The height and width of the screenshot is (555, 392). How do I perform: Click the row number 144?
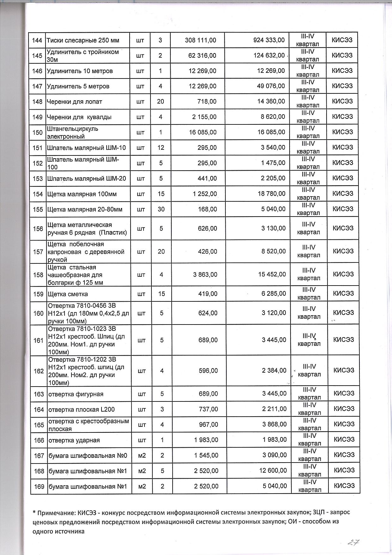pyautogui.click(x=37, y=41)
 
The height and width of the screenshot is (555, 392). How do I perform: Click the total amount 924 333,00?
pyautogui.click(x=269, y=40)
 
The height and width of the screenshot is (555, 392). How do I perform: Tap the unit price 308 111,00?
pyautogui.click(x=200, y=40)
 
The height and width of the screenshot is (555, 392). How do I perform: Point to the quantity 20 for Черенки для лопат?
pyautogui.click(x=161, y=102)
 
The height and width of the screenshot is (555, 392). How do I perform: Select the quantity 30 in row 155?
pyautogui.click(x=161, y=209)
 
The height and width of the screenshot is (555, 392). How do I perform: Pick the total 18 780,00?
pyautogui.click(x=272, y=194)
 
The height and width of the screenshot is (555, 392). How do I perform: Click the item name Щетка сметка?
pyautogui.click(x=68, y=294)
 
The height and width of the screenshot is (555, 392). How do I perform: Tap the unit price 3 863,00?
pyautogui.click(x=205, y=274)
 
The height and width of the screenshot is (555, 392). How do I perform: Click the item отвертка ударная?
pyautogui.click(x=74, y=440)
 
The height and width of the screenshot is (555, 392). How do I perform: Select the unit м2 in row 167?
pyautogui.click(x=142, y=456)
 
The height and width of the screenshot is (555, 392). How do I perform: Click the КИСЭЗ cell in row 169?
pyautogui.click(x=344, y=486)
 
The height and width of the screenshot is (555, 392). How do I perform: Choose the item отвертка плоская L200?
pyautogui.click(x=81, y=410)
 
